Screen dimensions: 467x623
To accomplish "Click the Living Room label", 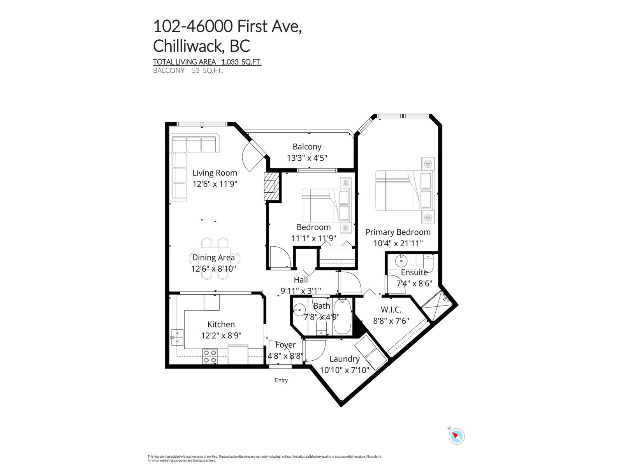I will [x=215, y=173].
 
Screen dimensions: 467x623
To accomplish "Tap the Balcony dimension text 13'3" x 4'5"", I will [x=307, y=158].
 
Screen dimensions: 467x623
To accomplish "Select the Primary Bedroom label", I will [x=398, y=232].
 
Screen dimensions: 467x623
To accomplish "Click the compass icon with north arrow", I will [x=456, y=436].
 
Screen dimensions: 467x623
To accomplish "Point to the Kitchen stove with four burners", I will [x=210, y=356].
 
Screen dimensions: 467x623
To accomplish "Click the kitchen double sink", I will [x=177, y=337].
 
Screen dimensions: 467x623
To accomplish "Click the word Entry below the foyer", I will [x=281, y=380].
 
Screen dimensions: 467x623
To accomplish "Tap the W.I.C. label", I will [x=391, y=309].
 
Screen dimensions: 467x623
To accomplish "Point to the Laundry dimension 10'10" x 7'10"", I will [x=344, y=370].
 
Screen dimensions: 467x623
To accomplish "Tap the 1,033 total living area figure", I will [x=231, y=62].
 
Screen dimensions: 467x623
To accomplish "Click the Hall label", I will [x=301, y=279].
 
